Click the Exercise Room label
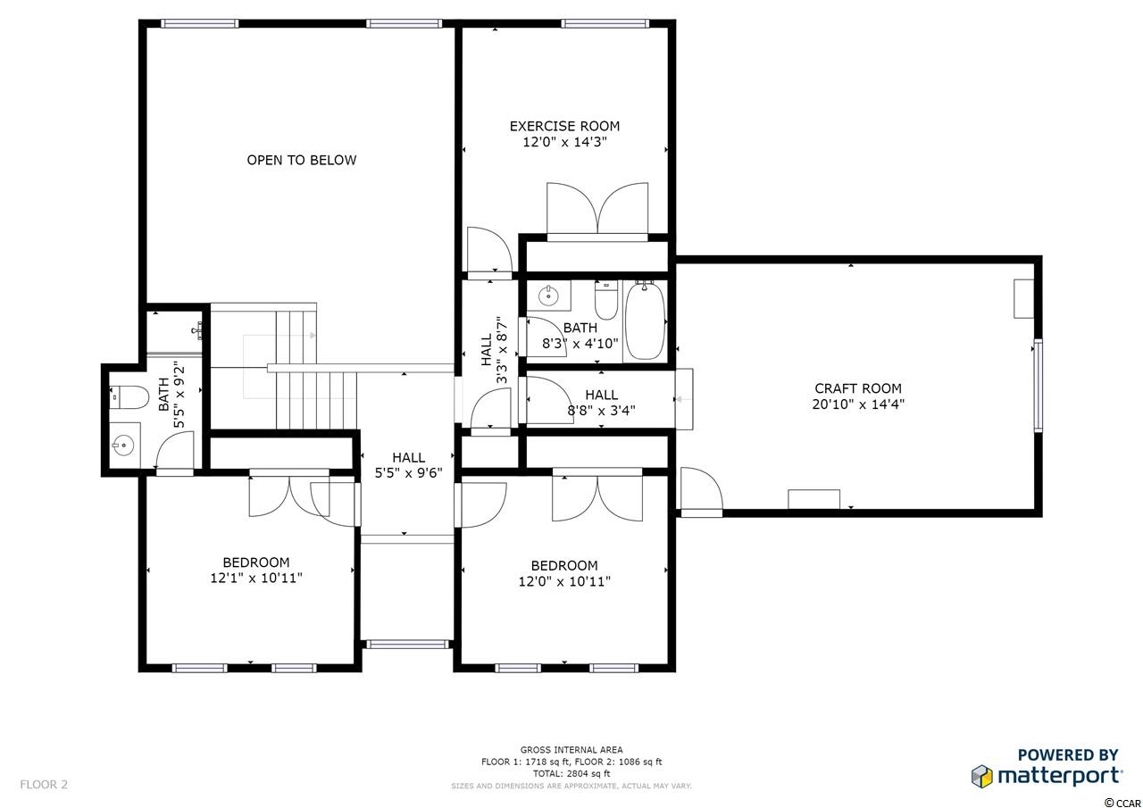pos(564,126)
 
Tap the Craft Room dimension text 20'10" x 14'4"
pos(858,404)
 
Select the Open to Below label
pos(302,160)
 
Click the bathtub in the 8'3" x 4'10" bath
pos(645,321)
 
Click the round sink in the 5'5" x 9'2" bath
pos(123,446)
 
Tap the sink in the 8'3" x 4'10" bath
pos(549,296)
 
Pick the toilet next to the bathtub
pos(606,300)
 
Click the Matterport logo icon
pos(981,777)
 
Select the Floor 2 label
pos(44,785)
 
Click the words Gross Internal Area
pos(571,750)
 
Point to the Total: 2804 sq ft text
pos(571,774)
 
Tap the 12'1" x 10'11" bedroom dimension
pos(256,578)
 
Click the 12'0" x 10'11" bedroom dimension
pos(564,581)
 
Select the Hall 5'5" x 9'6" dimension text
pos(408,473)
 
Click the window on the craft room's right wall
pos(1038,385)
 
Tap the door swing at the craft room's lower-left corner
pos(702,488)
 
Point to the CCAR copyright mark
pos(1122,804)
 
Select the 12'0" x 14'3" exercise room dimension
pos(564,142)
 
